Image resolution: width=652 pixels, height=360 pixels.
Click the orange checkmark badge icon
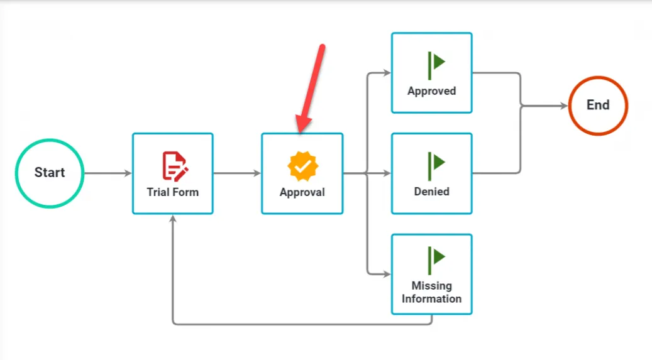302,166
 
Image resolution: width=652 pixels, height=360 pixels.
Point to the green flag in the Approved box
436,65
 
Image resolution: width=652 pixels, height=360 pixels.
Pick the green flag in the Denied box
436,166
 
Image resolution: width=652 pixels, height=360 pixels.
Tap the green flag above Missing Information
436,260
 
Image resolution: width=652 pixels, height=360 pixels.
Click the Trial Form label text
172,192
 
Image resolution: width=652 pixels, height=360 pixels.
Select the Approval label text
302,192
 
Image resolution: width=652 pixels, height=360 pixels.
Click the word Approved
431,91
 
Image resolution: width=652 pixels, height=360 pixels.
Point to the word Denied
431,192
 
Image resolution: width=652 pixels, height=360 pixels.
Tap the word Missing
431,286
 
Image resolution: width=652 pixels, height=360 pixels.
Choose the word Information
431,299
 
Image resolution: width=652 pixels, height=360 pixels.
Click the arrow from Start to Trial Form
108,173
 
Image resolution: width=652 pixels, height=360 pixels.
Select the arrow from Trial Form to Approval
237,173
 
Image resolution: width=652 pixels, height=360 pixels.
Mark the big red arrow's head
303,124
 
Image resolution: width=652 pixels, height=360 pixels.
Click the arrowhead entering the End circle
564,106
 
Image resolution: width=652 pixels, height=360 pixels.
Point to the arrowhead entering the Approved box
387,73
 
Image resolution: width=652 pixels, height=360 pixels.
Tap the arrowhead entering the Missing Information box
387,275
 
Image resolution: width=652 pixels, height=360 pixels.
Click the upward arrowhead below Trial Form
173,219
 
